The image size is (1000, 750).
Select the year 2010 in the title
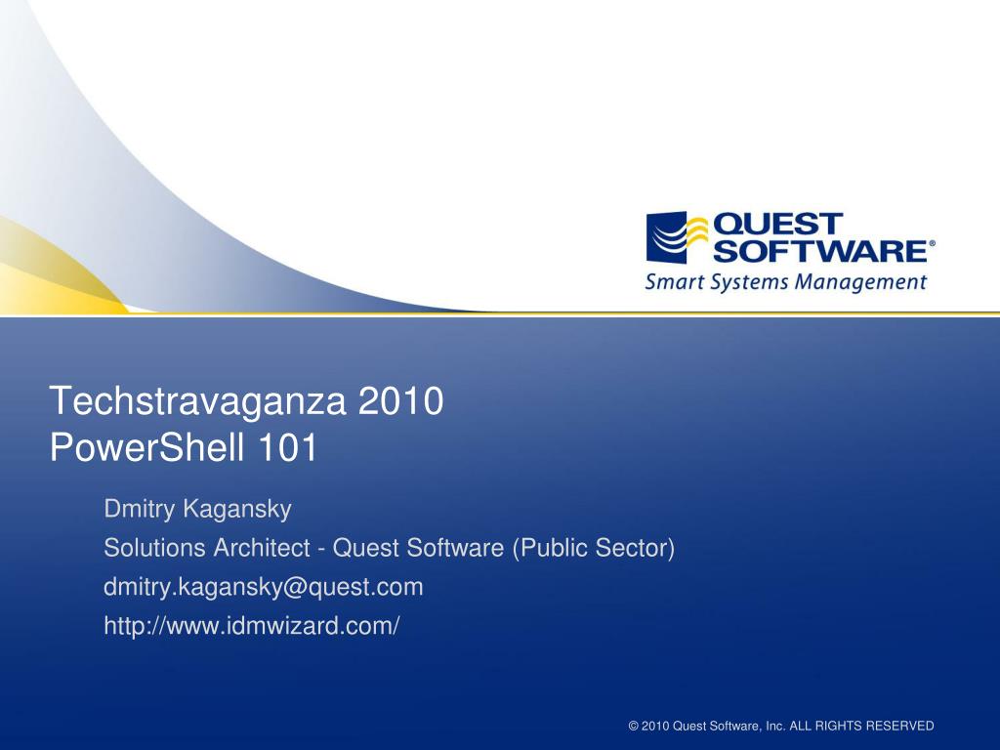(x=402, y=401)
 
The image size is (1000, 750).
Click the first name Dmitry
(x=134, y=509)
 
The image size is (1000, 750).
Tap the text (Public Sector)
(x=594, y=549)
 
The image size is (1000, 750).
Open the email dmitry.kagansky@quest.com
(x=264, y=587)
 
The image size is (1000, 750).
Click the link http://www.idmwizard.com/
(x=252, y=626)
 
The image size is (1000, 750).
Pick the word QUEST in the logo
(x=778, y=224)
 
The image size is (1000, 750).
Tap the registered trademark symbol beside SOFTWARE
(x=931, y=243)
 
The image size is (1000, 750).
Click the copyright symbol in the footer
(x=634, y=726)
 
